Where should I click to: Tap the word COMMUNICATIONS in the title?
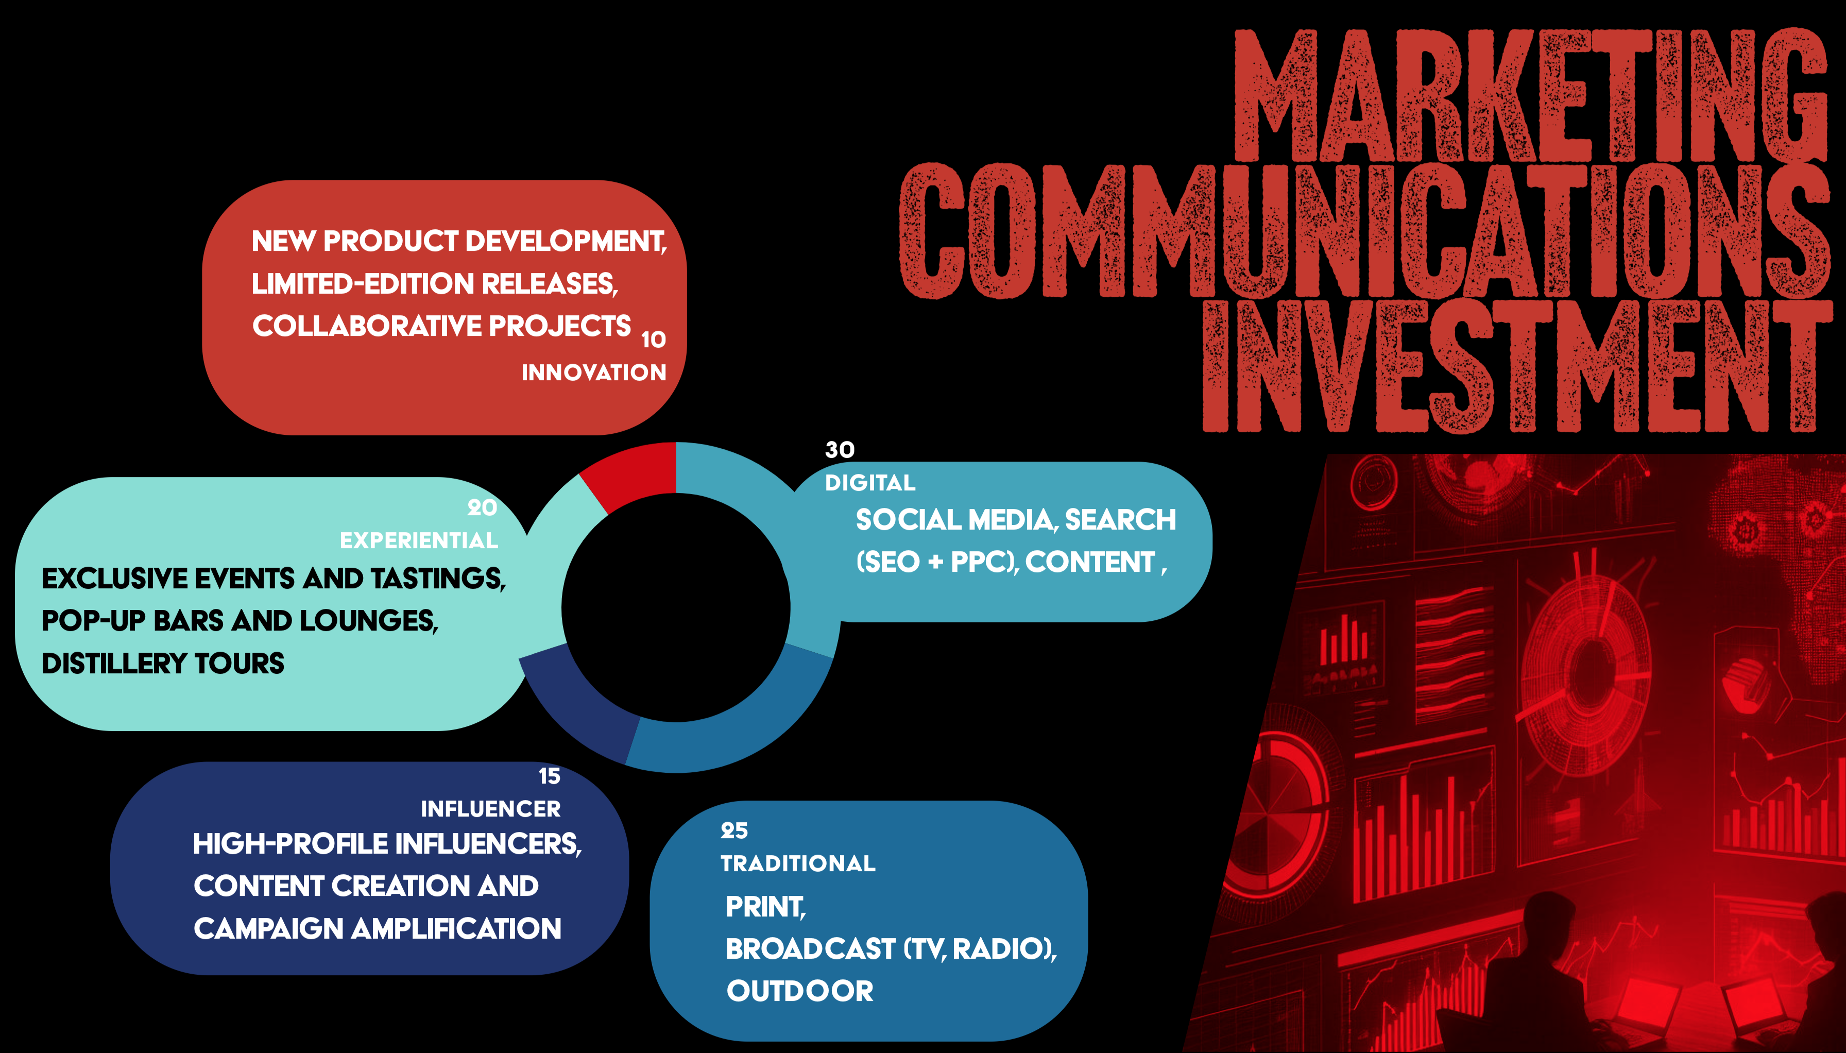pyautogui.click(x=1364, y=230)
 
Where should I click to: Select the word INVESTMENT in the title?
pyautogui.click(x=1517, y=365)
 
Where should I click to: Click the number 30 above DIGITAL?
pyautogui.click(x=840, y=450)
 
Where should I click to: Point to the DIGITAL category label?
pyautogui.click(x=870, y=482)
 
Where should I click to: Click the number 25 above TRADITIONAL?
pyautogui.click(x=734, y=830)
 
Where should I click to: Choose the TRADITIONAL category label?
pyautogui.click(x=797, y=863)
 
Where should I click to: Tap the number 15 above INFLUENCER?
pyautogui.click(x=550, y=776)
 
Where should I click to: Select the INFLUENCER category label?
pyautogui.click(x=490, y=809)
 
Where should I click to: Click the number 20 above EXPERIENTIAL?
pyautogui.click(x=482, y=508)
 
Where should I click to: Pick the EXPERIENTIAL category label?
pyautogui.click(x=419, y=540)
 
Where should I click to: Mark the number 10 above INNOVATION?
pyautogui.click(x=654, y=339)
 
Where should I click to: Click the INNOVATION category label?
pyautogui.click(x=594, y=372)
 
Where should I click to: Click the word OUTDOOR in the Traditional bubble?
pyautogui.click(x=800, y=991)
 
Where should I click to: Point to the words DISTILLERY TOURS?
pyautogui.click(x=163, y=663)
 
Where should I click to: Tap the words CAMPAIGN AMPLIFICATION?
pyautogui.click(x=378, y=929)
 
